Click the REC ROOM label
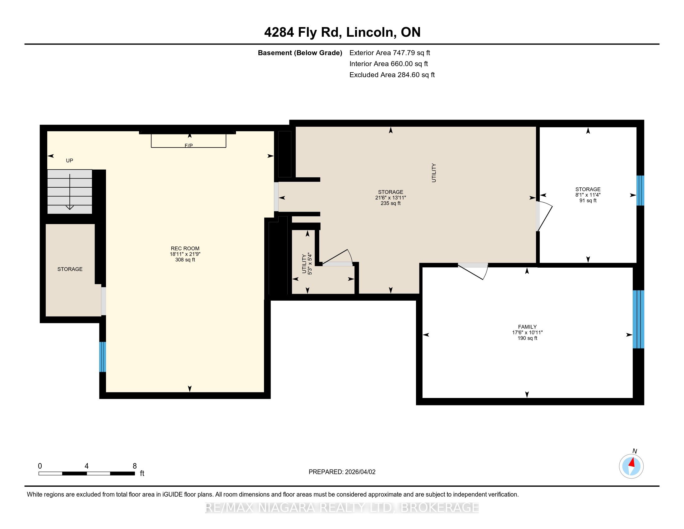point(185,249)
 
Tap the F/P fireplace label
point(188,146)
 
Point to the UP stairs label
point(70,161)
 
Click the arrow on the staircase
point(70,191)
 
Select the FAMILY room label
point(527,327)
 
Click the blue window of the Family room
point(638,319)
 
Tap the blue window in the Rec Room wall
point(102,357)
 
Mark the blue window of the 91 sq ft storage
point(640,190)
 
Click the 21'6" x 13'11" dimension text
point(391,198)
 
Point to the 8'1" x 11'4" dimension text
point(588,195)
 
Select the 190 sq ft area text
point(527,338)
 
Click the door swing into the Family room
point(473,271)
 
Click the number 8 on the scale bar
point(135,466)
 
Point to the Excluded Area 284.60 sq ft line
point(392,75)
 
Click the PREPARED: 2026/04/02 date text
point(342,472)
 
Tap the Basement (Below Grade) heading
point(300,53)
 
